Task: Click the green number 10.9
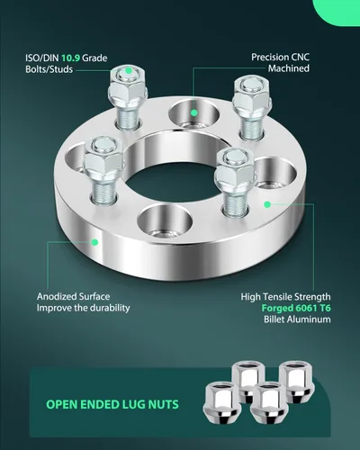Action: pyautogui.click(x=70, y=58)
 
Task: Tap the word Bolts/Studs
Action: pyautogui.click(x=49, y=69)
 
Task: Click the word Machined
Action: pyautogui.click(x=289, y=68)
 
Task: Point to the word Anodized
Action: pyautogui.click(x=57, y=297)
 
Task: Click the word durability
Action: pyautogui.click(x=110, y=308)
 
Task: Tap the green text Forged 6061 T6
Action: pyautogui.click(x=296, y=308)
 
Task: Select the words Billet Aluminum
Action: pyautogui.click(x=297, y=319)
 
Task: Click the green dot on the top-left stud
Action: pyautogui.click(x=129, y=71)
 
